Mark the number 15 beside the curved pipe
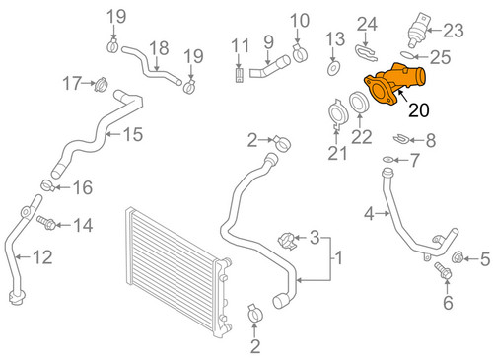click(x=132, y=134)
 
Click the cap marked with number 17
click(x=99, y=85)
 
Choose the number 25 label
click(x=440, y=56)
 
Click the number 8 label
click(x=430, y=139)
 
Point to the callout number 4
click(x=369, y=212)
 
